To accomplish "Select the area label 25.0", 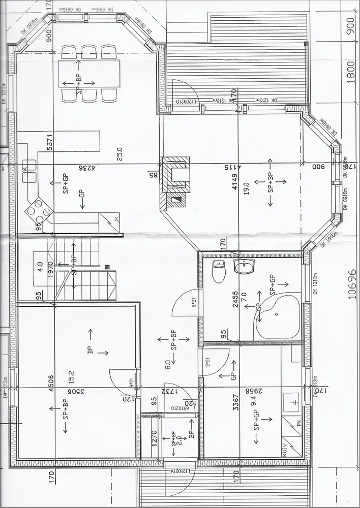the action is (x=119, y=153).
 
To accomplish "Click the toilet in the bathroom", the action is (x=219, y=271).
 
